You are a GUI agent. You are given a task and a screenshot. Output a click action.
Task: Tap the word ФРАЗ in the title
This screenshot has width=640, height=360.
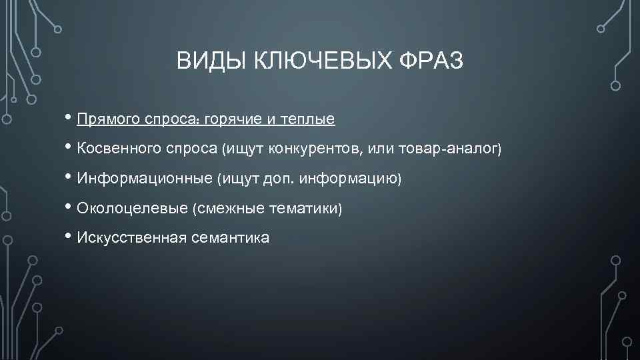(431, 62)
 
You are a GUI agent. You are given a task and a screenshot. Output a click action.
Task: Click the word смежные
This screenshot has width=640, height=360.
(229, 209)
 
